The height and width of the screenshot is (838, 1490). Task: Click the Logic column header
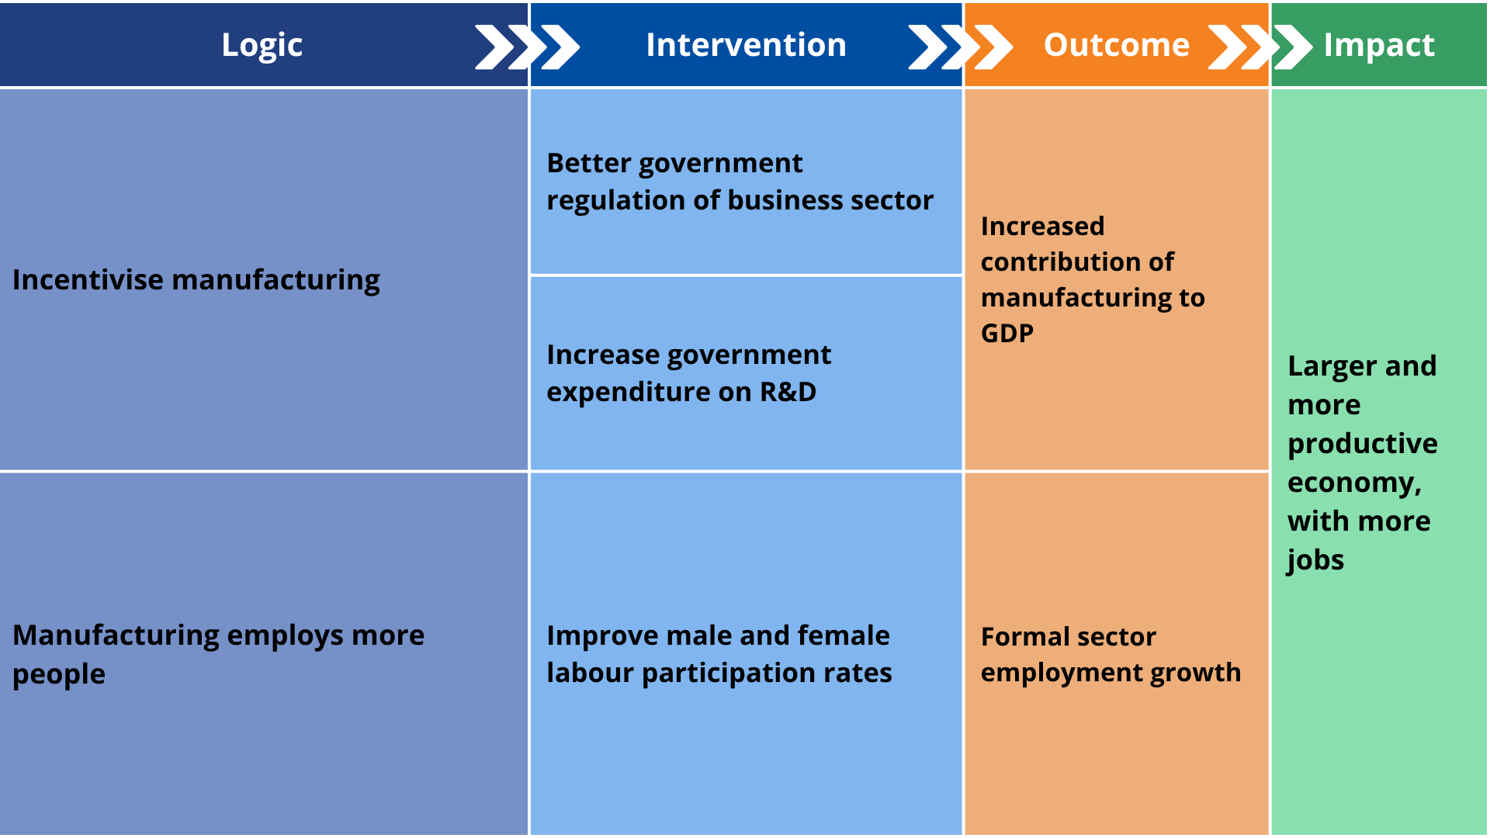[262, 45]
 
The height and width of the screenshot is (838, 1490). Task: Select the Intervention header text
[746, 45]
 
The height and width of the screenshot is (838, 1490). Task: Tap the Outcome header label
[1116, 45]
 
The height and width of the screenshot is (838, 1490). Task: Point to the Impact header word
[1379, 45]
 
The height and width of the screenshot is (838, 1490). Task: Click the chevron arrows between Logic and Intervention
[527, 47]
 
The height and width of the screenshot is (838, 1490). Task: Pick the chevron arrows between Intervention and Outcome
[960, 47]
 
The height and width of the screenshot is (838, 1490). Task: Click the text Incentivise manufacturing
[196, 280]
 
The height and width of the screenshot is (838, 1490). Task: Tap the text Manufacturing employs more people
[218, 654]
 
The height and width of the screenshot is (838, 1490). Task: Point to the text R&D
[788, 392]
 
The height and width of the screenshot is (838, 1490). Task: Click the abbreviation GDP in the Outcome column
[1007, 333]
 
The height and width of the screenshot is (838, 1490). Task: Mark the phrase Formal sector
[1068, 637]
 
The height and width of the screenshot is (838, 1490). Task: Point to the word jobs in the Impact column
[1315, 560]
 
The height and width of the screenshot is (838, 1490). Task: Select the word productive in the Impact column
[1362, 444]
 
